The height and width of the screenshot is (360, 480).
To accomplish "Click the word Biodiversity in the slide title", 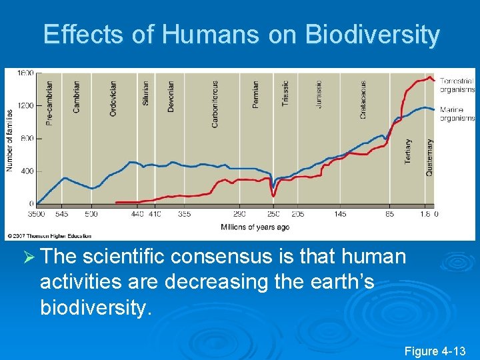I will pyautogui.click(x=373, y=35).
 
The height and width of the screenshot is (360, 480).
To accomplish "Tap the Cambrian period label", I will pyautogui.click(x=76, y=97).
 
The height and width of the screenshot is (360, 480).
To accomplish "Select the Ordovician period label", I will pyautogui.click(x=113, y=99).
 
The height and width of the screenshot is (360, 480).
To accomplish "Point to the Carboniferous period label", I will pyautogui.click(x=215, y=104).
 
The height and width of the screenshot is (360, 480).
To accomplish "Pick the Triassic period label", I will pyautogui.click(x=285, y=94).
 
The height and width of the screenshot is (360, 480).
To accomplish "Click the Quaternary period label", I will pyautogui.click(x=429, y=157).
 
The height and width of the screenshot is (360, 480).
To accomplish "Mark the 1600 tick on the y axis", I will pyautogui.click(x=25, y=73).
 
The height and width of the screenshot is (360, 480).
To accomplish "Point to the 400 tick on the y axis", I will pyautogui.click(x=27, y=171).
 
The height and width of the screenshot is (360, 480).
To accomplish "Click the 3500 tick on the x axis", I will pyautogui.click(x=36, y=214).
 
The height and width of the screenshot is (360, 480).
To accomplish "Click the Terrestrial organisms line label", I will pyautogui.click(x=457, y=85).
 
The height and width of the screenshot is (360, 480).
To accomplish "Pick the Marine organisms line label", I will pyautogui.click(x=457, y=115).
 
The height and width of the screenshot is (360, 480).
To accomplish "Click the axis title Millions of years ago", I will pyautogui.click(x=255, y=227).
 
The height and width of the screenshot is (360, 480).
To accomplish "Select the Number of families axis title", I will pyautogui.click(x=10, y=140).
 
